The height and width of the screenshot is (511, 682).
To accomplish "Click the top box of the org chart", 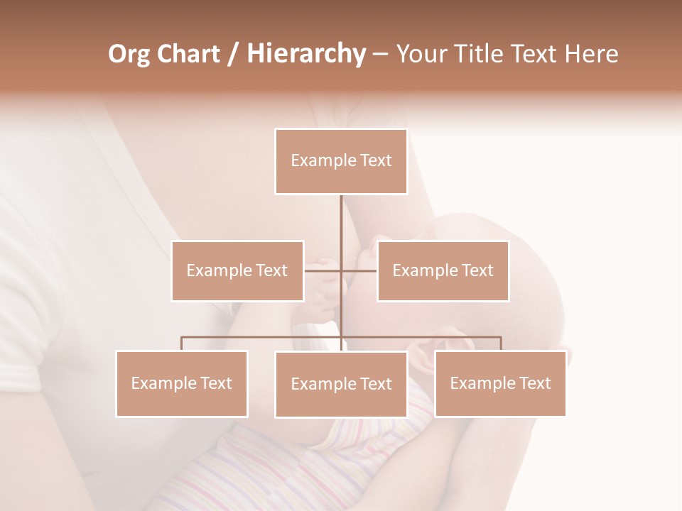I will [x=341, y=161].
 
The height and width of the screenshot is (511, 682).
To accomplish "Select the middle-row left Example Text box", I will [x=237, y=270].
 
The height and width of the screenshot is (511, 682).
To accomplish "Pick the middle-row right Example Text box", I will [x=443, y=270].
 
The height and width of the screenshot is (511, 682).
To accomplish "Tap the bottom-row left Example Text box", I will [x=182, y=383].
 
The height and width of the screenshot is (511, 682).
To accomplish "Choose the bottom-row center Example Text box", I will [x=341, y=384].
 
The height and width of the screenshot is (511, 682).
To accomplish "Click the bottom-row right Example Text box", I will [x=500, y=383].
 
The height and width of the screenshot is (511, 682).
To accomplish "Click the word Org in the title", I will [x=129, y=54].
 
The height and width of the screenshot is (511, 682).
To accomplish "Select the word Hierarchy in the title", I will [x=305, y=54].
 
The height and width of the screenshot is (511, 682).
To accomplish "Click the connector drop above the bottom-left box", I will [x=182, y=344].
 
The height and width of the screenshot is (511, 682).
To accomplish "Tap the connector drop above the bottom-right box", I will [x=501, y=344].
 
